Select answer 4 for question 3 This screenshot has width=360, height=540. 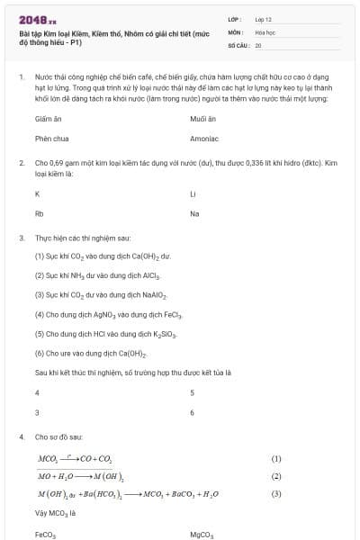pyautogui.click(x=37, y=393)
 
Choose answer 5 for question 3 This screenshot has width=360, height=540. pyautogui.click(x=193, y=393)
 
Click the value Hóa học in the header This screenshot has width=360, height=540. pyautogui.click(x=265, y=31)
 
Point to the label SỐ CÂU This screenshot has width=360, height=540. pyautogui.click(x=238, y=44)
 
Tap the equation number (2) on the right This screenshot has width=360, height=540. pyautogui.click(x=276, y=476)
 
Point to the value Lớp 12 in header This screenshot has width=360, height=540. pyautogui.click(x=263, y=19)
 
